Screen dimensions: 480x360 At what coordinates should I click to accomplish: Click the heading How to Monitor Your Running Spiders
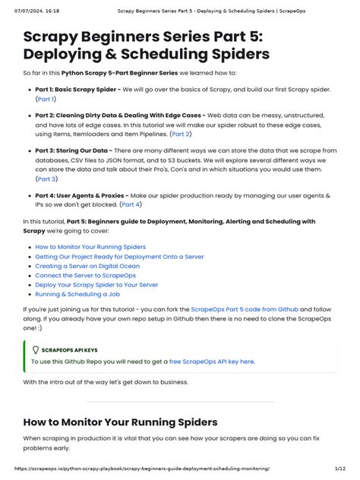120,422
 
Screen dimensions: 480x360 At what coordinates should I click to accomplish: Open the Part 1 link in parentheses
46,99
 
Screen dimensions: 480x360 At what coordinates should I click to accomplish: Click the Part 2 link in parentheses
181,134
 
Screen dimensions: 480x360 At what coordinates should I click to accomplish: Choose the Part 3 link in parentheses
46,179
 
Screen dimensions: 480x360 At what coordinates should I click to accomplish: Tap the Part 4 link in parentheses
131,204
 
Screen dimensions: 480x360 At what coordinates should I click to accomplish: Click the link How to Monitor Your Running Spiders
90,247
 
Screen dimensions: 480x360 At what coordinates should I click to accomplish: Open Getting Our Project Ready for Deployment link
119,257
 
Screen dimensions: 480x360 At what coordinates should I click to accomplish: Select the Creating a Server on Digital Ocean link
87,266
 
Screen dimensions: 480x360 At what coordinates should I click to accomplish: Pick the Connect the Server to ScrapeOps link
85,276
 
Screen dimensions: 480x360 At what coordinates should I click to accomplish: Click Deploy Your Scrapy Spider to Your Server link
96,285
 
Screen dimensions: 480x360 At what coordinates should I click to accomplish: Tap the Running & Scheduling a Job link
77,294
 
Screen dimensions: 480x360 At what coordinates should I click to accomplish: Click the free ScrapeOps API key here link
211,362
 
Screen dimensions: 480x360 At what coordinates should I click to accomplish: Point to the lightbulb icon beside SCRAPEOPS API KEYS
35,349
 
